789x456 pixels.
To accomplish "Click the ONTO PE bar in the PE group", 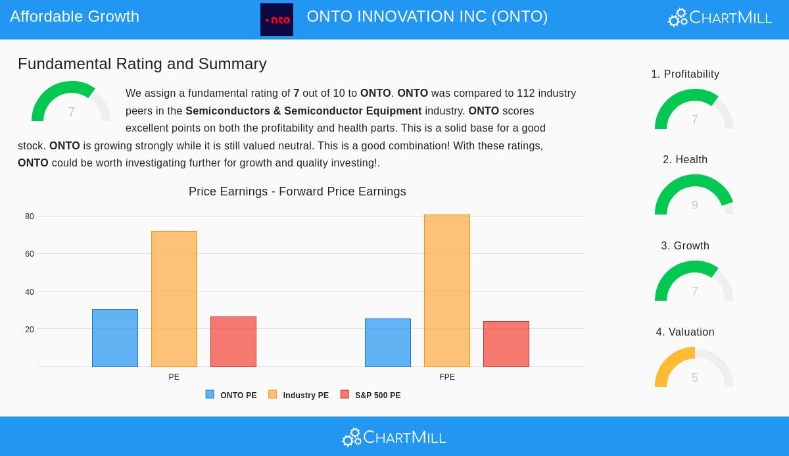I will (115, 338).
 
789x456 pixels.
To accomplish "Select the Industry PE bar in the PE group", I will (174, 299).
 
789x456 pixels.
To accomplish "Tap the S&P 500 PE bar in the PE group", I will (233, 342).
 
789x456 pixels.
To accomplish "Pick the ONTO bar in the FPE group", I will (388, 343).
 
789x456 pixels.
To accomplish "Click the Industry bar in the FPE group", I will (447, 291).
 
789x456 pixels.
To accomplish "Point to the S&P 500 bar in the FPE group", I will (506, 344).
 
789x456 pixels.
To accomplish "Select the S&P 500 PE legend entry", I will (371, 395).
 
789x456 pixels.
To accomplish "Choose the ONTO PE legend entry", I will (231, 395).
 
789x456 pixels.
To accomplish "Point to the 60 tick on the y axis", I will (30, 254).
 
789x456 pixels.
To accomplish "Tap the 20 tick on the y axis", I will (30, 330).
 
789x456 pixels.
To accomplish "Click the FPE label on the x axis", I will (447, 377).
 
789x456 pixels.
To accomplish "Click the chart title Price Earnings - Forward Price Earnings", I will (297, 191).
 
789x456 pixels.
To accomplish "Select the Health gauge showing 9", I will (694, 195).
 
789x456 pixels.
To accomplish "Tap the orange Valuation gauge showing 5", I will (694, 368).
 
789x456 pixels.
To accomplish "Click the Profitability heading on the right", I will (685, 74).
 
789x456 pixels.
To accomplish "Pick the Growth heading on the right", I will (685, 246).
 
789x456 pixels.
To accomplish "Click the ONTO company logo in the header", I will (277, 20).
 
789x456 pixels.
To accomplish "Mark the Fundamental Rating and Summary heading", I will (142, 64).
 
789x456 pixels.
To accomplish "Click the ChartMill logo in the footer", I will (394, 437).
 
